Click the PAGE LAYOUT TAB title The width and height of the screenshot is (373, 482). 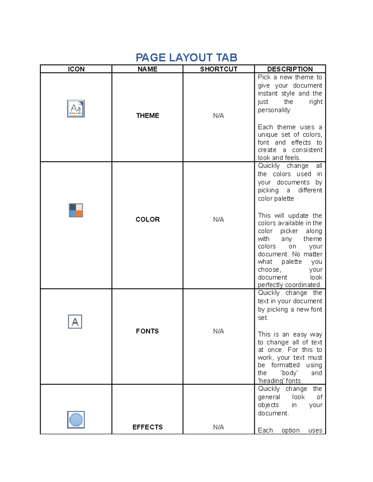[x=186, y=57]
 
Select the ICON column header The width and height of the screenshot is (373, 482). [x=76, y=69]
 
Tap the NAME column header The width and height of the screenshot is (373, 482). [x=147, y=69]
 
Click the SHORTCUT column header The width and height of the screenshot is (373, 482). [x=219, y=69]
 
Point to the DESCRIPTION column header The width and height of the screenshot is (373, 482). [x=290, y=69]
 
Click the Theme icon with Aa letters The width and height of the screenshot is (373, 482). [x=76, y=109]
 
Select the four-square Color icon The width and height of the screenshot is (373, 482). [x=76, y=210]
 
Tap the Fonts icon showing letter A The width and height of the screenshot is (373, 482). [x=75, y=322]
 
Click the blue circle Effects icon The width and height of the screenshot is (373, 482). [x=76, y=420]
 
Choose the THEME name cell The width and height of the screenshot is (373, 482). [x=147, y=115]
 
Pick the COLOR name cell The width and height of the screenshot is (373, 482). [x=147, y=219]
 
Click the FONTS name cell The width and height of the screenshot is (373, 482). [x=147, y=331]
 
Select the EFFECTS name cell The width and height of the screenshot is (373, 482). [x=147, y=427]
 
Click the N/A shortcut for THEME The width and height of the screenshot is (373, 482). [x=219, y=115]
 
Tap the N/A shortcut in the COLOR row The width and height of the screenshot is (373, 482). [x=219, y=219]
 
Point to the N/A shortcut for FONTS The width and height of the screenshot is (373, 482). [x=219, y=331]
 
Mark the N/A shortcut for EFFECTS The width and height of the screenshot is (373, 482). [x=219, y=427]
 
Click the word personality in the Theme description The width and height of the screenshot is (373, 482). [x=274, y=110]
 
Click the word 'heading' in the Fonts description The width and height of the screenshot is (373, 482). [x=271, y=381]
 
